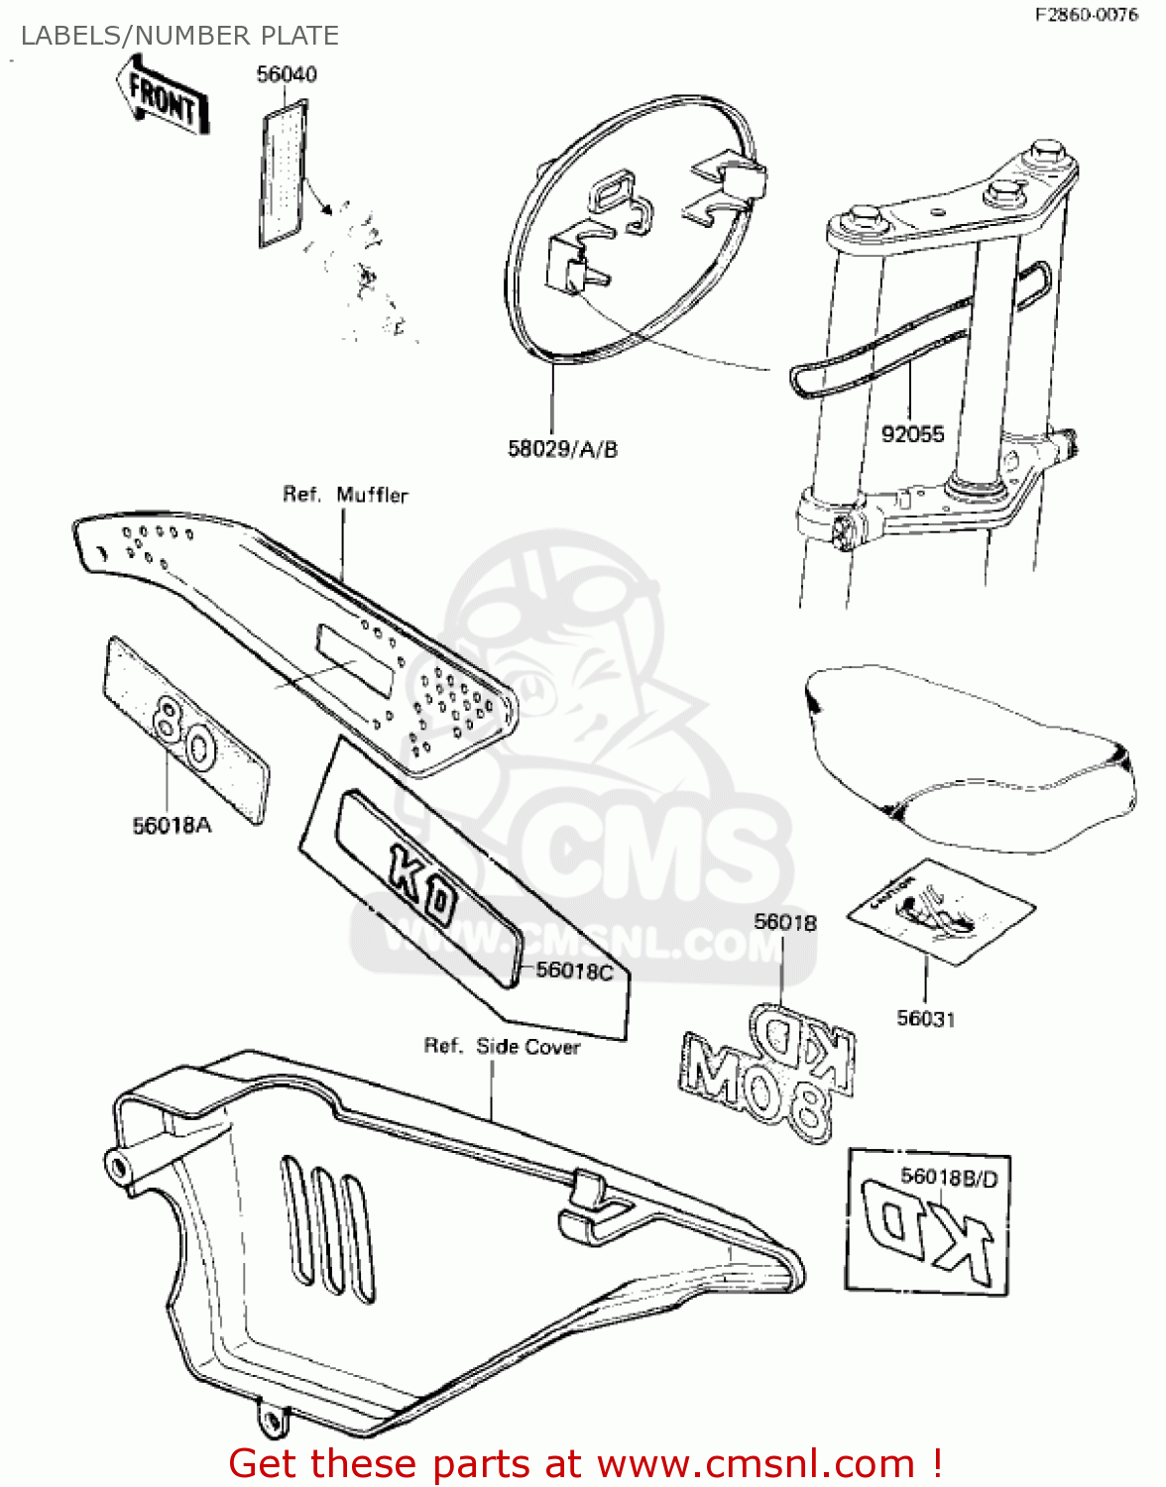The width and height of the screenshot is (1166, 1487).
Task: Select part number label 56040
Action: [287, 74]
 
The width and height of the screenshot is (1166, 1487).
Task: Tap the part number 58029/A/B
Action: [562, 449]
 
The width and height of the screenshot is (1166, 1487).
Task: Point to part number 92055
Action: [912, 433]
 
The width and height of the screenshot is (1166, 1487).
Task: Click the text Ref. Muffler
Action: [345, 494]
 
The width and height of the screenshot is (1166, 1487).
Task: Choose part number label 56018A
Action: [172, 825]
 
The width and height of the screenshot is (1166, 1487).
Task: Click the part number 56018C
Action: [574, 971]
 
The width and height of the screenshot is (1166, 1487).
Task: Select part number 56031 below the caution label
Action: [925, 1018]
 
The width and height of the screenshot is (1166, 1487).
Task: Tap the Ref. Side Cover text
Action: [502, 1046]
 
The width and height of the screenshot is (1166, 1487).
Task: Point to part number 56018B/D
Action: [948, 1176]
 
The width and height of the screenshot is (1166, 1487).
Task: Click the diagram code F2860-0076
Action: [1086, 15]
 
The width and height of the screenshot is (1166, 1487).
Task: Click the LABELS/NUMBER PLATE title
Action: [179, 36]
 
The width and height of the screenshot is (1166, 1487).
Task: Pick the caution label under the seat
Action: [939, 910]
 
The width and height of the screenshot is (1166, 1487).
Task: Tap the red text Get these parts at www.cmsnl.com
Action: [585, 1463]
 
